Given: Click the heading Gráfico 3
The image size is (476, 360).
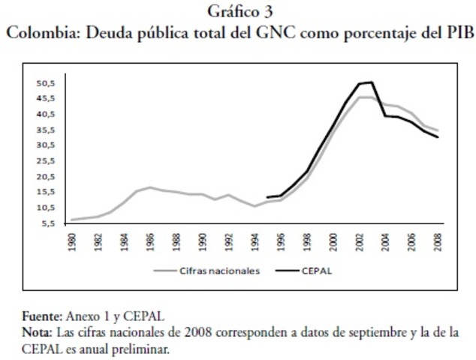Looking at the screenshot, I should (237, 12).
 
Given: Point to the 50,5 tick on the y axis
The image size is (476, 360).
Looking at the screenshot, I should (47, 82).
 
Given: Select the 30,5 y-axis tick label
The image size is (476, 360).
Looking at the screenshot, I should (47, 145).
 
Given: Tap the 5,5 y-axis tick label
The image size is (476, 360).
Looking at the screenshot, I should (50, 223).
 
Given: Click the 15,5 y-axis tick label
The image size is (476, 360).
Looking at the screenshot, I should (47, 192).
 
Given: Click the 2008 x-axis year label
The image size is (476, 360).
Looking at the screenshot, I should (436, 244).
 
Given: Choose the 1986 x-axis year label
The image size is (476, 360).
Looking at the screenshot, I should (151, 244).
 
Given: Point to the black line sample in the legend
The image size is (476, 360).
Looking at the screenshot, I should (286, 271).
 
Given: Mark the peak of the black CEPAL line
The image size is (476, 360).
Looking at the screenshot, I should (371, 82).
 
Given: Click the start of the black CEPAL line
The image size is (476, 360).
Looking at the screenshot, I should (267, 197).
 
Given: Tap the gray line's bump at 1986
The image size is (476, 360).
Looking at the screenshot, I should (150, 187).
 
